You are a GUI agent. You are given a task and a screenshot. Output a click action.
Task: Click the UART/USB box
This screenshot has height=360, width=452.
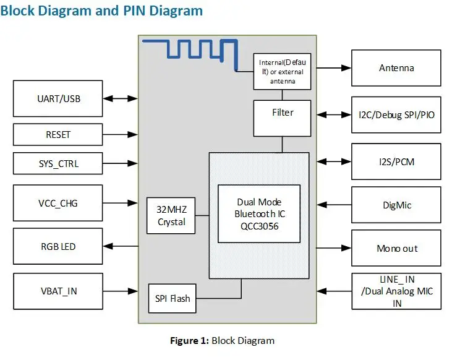tap(58, 98)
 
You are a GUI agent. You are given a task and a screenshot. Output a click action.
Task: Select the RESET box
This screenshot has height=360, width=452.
tap(58, 134)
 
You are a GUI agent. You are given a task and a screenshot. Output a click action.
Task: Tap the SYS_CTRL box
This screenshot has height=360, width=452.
tap(58, 164)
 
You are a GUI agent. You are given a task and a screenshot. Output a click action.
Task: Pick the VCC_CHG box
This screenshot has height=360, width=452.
tap(58, 202)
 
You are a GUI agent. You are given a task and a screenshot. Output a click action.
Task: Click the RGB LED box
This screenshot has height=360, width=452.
tap(58, 246)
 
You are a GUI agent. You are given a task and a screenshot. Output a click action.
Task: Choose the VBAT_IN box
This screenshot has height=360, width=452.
tap(58, 290)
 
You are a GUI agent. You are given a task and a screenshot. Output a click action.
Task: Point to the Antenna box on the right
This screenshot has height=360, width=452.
tap(396, 67)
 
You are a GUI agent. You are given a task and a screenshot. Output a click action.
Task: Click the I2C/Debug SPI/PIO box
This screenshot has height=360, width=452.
tap(396, 114)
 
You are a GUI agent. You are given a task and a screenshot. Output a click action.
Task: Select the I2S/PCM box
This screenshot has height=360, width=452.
tap(396, 161)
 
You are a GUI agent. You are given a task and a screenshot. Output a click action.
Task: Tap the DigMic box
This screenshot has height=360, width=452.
tap(396, 205)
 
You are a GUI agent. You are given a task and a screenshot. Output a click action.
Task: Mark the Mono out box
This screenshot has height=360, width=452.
tap(396, 248)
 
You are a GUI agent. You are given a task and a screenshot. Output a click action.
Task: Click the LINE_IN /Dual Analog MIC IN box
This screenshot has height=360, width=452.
tap(396, 291)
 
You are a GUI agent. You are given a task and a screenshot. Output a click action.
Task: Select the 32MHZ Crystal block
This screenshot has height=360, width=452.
tap(171, 216)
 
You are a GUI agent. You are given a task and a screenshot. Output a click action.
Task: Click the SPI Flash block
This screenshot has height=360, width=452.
tap(171, 298)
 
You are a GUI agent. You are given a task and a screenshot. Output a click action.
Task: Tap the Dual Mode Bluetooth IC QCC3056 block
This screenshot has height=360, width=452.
tap(259, 213)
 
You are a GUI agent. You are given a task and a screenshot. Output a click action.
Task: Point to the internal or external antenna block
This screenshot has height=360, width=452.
tap(283, 71)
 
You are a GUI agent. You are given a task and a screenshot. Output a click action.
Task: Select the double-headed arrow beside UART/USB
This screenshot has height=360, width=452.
tap(120, 98)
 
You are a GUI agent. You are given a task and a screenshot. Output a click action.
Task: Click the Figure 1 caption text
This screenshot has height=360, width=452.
tap(222, 340)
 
